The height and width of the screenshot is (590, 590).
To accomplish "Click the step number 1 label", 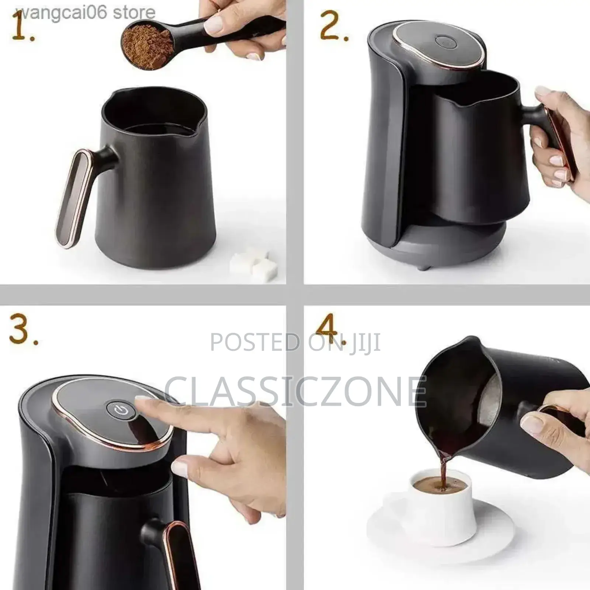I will pos(23,28).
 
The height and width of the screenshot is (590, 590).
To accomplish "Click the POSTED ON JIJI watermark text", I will pos(295,342).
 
